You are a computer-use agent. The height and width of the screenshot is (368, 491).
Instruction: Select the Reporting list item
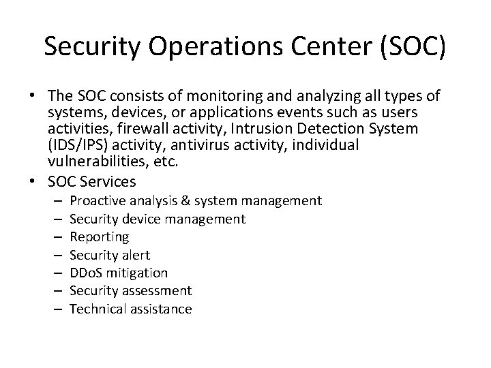pyautogui.click(x=100, y=237)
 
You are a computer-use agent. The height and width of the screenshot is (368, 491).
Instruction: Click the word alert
pyautogui.click(x=134, y=255)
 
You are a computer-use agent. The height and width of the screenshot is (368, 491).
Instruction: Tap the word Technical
pyautogui.click(x=98, y=309)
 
